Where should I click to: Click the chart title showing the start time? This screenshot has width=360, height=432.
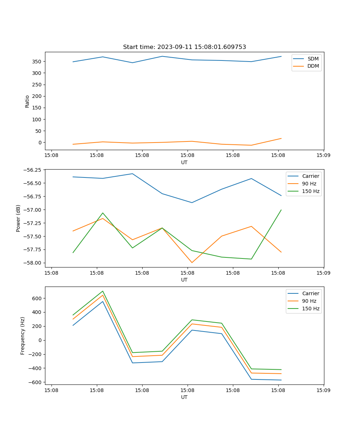[x=184, y=47]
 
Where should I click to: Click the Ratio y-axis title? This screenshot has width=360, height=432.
[x=27, y=101]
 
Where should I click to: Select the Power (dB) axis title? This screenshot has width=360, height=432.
[x=18, y=218]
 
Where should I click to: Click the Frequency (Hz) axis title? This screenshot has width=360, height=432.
[x=23, y=336]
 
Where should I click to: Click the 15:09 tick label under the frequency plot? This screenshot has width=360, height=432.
[x=323, y=390]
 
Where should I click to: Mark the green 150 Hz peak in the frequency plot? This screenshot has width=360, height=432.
[x=103, y=291]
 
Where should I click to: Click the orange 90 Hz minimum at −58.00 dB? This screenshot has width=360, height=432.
[x=192, y=262]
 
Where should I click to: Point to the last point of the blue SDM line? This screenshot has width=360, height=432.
[x=281, y=57]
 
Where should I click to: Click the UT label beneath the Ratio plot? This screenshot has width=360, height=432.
[x=184, y=162]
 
